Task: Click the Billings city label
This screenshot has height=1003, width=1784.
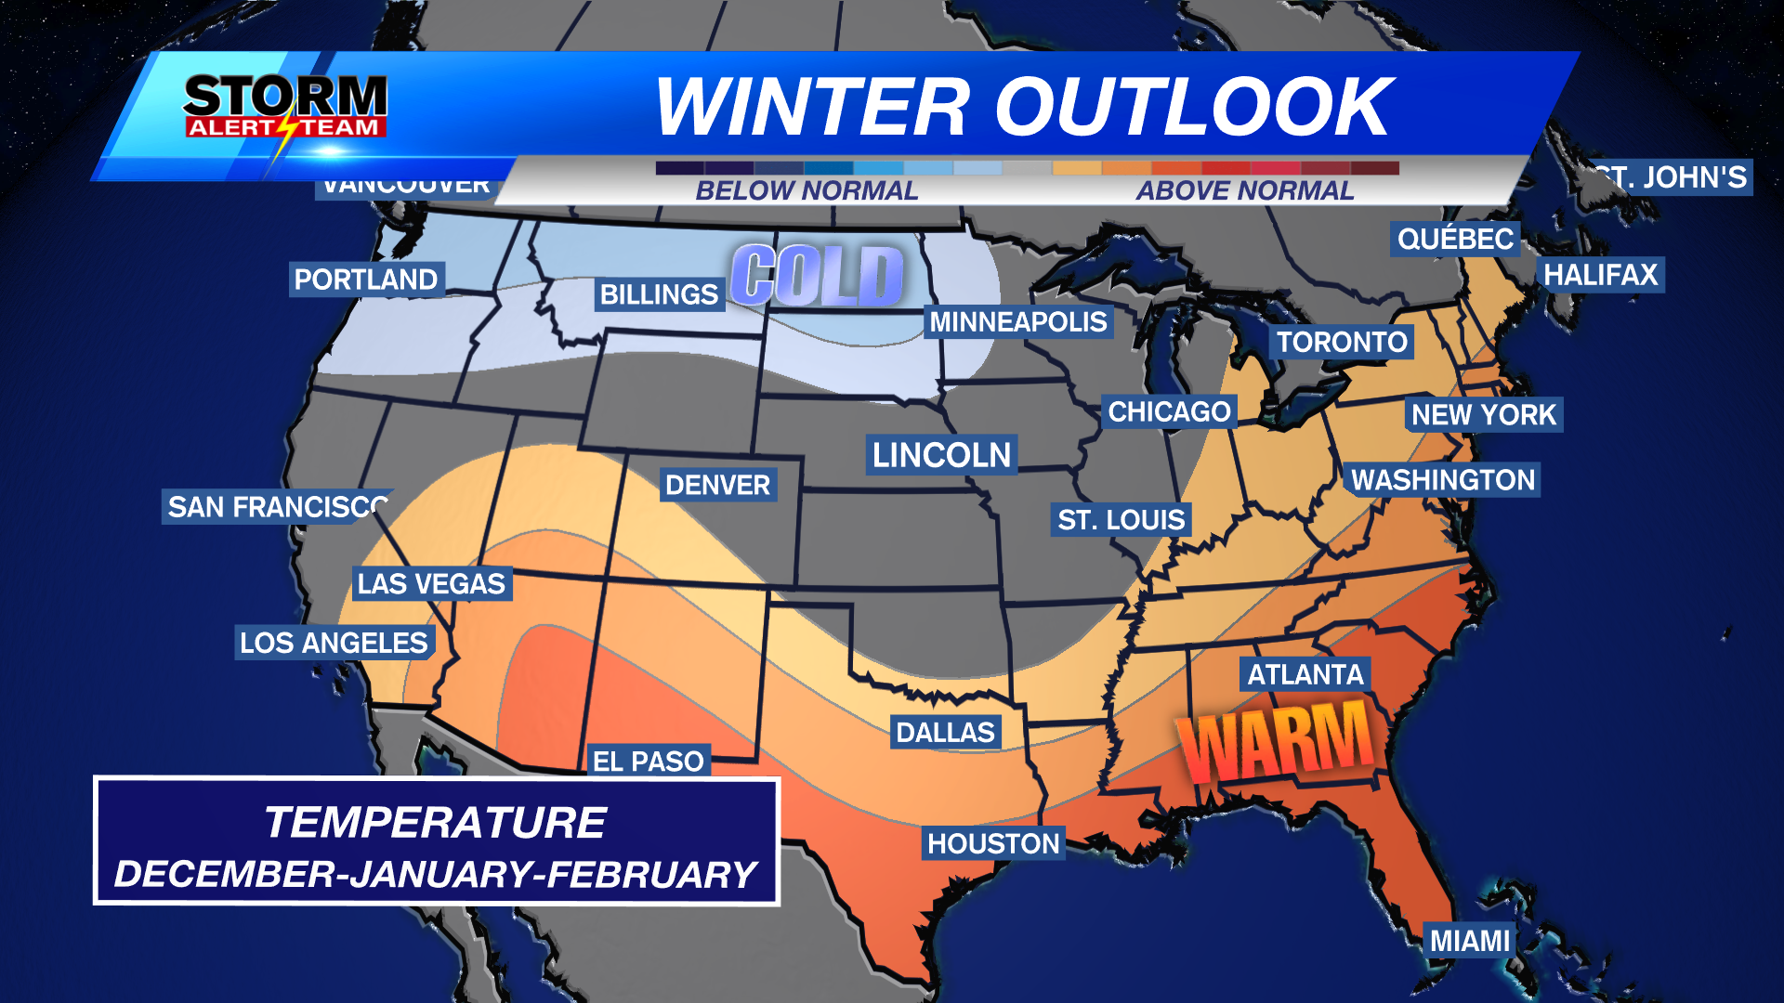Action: tap(659, 294)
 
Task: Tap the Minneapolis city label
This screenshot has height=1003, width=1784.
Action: tap(1018, 322)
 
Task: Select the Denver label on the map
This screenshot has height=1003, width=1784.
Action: tap(717, 485)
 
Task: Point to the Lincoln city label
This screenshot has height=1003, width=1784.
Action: tap(941, 455)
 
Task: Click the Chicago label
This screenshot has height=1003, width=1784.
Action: tap(1169, 411)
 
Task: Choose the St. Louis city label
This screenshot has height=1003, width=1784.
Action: tap(1122, 520)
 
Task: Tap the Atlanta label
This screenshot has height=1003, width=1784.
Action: tap(1305, 674)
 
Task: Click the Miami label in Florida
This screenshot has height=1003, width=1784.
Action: tap(1469, 941)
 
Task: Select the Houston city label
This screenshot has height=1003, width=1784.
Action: tap(993, 843)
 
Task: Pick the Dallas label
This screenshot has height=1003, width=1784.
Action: tap(945, 733)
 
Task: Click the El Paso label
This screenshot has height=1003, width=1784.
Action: tap(648, 762)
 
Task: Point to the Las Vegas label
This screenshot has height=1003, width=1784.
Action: tap(431, 583)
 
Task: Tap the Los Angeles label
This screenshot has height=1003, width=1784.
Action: tap(334, 643)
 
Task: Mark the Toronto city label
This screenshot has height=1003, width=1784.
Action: tap(1341, 342)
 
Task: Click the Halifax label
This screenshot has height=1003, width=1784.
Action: tap(1600, 275)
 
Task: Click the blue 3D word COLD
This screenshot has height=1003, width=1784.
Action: tap(817, 276)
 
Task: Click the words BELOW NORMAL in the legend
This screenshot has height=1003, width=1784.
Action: tap(807, 190)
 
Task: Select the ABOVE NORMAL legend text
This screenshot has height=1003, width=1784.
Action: tap(1244, 190)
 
